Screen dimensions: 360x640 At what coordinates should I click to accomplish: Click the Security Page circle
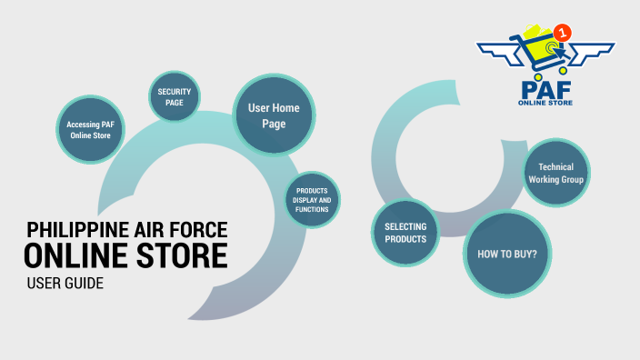tap(174, 97)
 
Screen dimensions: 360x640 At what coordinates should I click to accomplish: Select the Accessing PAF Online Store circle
tap(90, 128)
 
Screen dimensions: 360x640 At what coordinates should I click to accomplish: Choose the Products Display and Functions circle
tap(312, 200)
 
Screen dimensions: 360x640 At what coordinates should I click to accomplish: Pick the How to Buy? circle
tap(507, 254)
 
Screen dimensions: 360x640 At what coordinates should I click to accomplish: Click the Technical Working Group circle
tap(555, 174)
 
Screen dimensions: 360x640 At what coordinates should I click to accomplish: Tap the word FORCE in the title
tap(196, 229)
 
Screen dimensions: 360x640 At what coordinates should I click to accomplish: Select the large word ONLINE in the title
tap(78, 255)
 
